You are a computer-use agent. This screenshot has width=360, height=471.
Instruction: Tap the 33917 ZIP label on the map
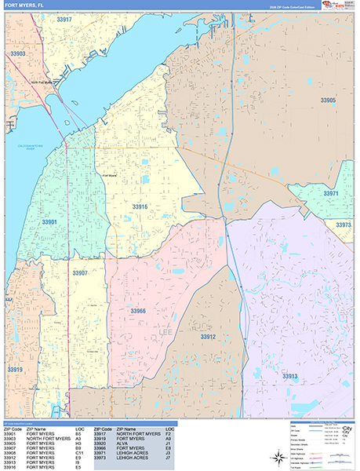pos(64,19)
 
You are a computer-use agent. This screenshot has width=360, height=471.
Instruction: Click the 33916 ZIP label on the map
pos(140,206)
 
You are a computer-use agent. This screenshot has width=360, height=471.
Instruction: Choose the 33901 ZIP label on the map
pos(49,222)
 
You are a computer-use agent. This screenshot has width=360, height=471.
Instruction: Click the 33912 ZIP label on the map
pos(208,336)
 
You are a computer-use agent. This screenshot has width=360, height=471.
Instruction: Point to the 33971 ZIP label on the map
pos(331,193)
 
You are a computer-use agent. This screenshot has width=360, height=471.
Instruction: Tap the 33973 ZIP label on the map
pos(343,225)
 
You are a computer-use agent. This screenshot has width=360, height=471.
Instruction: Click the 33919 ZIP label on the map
pos(15,369)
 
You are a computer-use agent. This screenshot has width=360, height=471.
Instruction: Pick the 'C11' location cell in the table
pos(79,453)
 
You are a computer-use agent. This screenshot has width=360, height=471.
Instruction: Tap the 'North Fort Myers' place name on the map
pos(45,82)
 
